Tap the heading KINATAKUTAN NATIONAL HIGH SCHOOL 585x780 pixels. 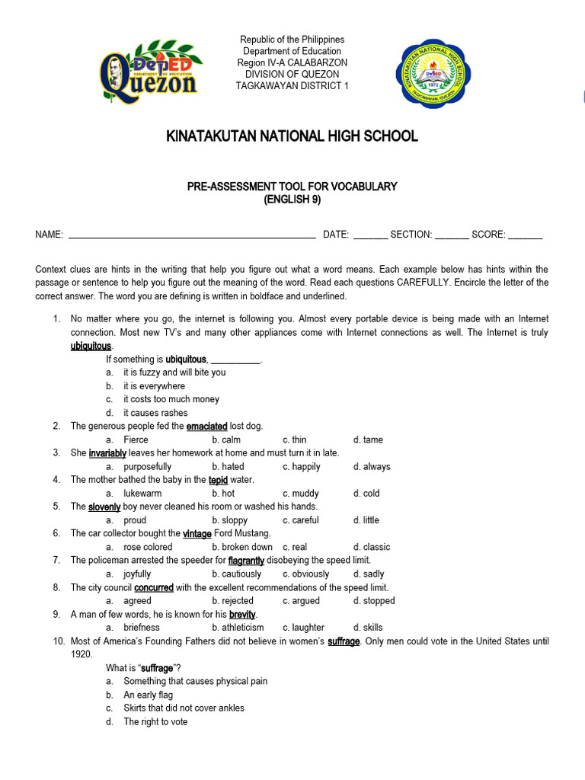click(292, 136)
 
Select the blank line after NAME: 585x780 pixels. click(192, 235)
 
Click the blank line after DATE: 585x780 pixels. click(370, 235)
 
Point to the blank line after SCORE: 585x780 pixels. click(525, 235)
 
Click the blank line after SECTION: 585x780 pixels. click(452, 235)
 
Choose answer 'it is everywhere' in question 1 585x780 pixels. click(154, 386)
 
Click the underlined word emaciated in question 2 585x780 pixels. click(206, 427)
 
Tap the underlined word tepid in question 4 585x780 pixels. click(219, 480)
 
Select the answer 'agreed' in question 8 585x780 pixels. click(137, 600)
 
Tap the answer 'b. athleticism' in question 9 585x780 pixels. click(238, 628)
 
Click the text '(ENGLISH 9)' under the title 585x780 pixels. click(292, 200)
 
